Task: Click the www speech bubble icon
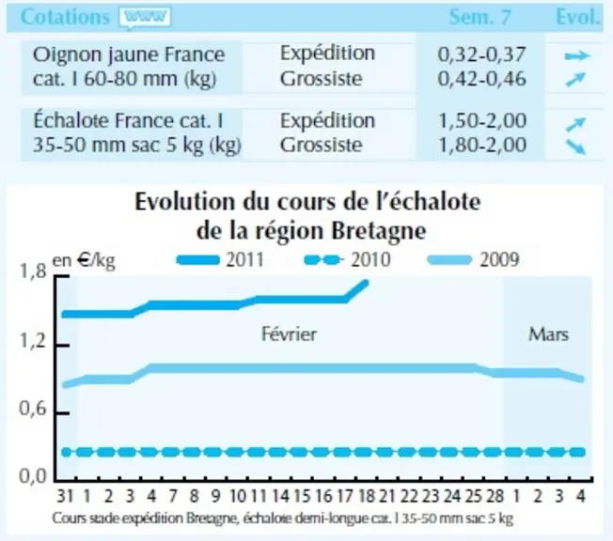click(x=145, y=18)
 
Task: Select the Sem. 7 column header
click(x=479, y=17)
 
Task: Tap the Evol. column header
click(x=577, y=17)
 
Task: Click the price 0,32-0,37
click(x=481, y=54)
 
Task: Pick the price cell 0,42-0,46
click(x=481, y=79)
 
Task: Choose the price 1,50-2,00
click(x=482, y=121)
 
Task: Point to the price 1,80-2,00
click(x=482, y=145)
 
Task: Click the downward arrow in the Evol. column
click(x=575, y=147)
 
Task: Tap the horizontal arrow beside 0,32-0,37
click(x=576, y=56)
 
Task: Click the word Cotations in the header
click(x=65, y=17)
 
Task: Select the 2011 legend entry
click(x=221, y=260)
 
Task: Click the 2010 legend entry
click(x=347, y=260)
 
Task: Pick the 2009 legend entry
click(x=474, y=260)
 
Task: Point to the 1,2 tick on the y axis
click(x=33, y=341)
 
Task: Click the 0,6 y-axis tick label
click(x=33, y=409)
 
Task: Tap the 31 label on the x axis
click(x=65, y=496)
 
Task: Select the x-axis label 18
click(x=366, y=496)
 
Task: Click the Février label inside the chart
click(x=289, y=334)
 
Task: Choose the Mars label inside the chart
click(x=548, y=334)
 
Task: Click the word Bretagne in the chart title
click(x=379, y=232)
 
